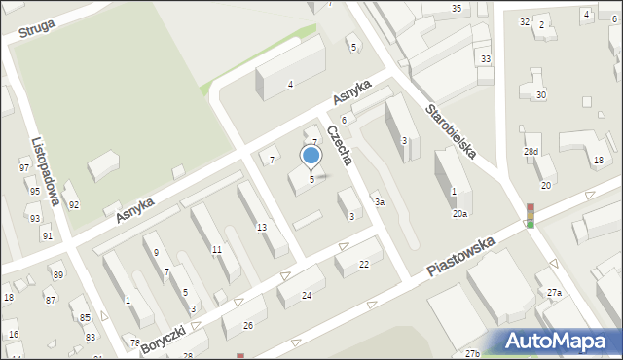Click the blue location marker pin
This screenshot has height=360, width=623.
pos(311,156)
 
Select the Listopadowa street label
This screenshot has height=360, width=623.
pos(47,172)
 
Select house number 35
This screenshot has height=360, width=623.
pos(457,9)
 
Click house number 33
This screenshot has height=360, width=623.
pos(485,59)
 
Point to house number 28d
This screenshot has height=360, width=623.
pos(531,152)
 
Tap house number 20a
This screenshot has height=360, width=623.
pos(459,213)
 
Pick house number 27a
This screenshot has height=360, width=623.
pos(554,293)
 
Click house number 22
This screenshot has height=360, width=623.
pos(364,265)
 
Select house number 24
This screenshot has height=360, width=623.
pos(306,295)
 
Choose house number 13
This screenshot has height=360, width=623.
pos(261,228)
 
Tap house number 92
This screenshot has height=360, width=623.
pos(73,205)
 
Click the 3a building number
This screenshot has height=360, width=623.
pos(380,202)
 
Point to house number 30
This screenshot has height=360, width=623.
pos(540,95)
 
